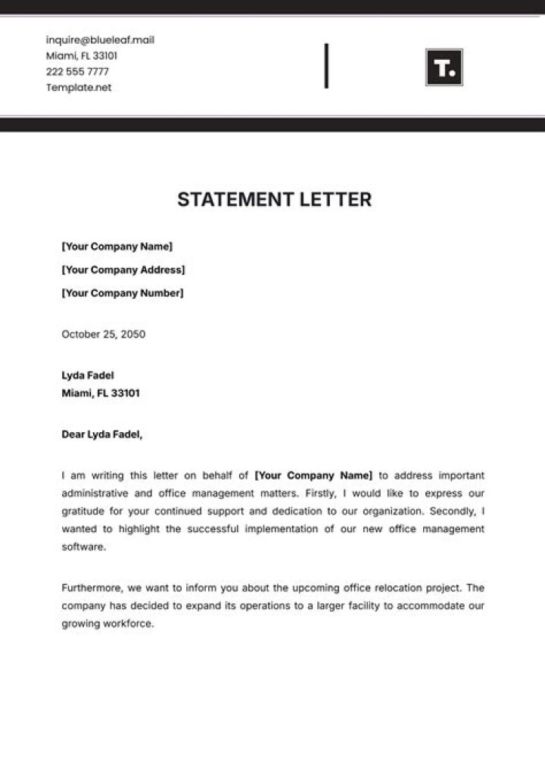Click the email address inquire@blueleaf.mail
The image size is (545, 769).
point(100,40)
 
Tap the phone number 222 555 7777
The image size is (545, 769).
point(77,72)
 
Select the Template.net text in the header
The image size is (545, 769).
point(79,88)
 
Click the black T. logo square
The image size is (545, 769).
point(444,67)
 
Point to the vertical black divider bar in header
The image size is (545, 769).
point(326,66)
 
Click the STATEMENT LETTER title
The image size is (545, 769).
point(275,200)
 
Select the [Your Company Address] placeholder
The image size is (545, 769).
point(123,270)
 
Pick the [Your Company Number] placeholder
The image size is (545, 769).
point(122,294)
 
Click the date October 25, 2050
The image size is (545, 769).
point(104,335)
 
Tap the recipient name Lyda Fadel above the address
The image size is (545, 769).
point(88,375)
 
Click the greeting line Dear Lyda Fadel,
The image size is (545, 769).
point(101,434)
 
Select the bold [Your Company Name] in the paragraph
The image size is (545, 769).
point(314,476)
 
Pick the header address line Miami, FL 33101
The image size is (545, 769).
point(82,56)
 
